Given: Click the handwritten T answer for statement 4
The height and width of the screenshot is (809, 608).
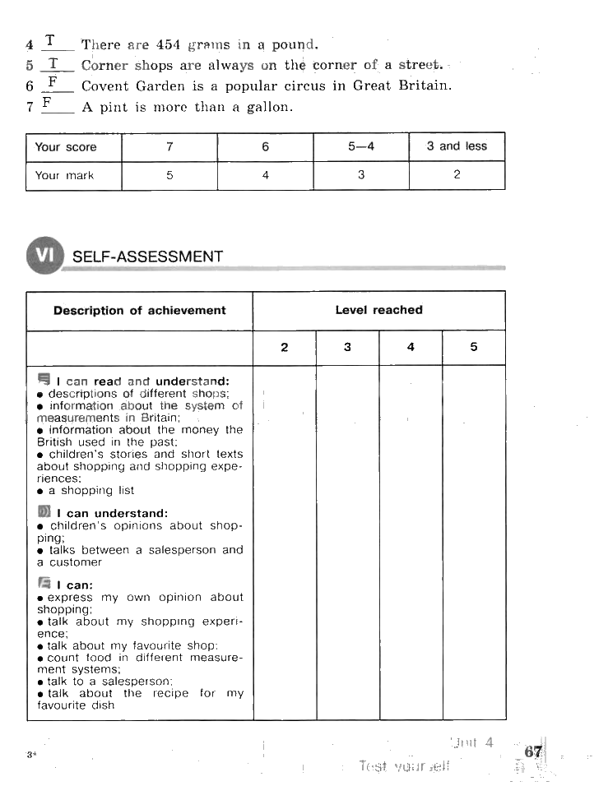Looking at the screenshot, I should [51, 40].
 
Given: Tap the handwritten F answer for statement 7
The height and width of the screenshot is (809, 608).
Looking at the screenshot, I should [48, 103].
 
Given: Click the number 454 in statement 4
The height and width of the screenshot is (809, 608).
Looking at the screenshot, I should [168, 44].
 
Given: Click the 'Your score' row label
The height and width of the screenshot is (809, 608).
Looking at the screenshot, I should [66, 147].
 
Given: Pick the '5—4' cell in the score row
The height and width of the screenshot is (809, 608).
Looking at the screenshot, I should [360, 146].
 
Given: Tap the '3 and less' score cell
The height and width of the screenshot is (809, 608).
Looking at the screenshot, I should [457, 146].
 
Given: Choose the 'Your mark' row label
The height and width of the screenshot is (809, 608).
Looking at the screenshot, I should [65, 175].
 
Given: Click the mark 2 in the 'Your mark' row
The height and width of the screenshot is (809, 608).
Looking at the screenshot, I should [457, 174].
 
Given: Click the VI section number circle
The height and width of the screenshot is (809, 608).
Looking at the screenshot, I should [44, 256].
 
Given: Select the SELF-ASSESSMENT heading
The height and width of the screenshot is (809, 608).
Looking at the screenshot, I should [147, 257].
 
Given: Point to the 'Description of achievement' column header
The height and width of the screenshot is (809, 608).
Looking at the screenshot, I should [139, 311].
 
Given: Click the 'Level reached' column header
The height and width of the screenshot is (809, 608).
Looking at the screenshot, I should [378, 310].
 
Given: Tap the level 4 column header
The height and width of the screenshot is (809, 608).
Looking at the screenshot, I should [411, 347].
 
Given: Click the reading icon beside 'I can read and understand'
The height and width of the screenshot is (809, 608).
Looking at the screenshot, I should [44, 379].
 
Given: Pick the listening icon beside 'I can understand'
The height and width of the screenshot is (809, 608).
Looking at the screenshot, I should [44, 512].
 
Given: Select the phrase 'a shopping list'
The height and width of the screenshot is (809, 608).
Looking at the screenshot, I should [91, 491].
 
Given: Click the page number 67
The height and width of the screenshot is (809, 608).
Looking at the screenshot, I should [533, 751].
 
